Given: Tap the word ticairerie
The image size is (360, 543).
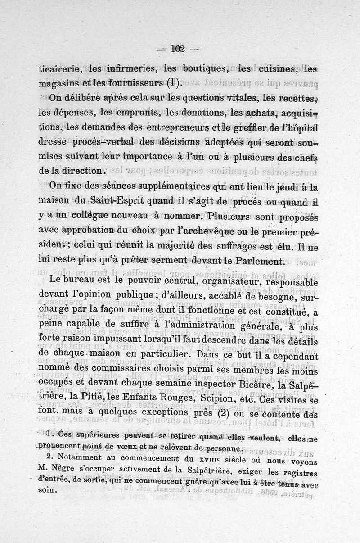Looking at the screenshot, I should point(59,69).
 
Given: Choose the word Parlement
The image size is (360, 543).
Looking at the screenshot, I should point(256,261).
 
